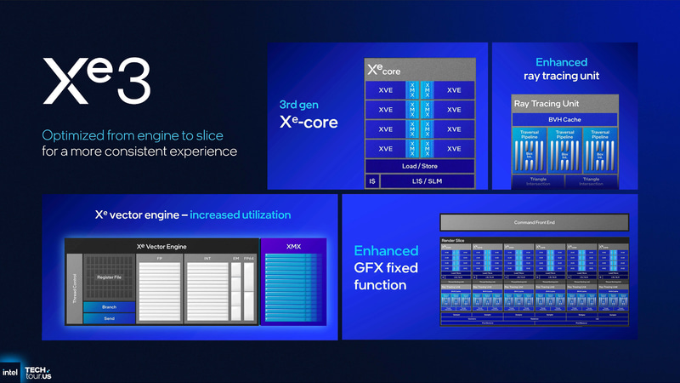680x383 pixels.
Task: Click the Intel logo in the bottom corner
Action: (10, 372)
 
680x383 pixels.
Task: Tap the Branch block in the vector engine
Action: (109, 306)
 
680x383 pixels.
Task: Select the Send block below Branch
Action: (109, 317)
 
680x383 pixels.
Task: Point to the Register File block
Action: (110, 277)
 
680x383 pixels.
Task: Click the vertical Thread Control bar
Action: (74, 288)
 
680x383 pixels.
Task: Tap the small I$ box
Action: (371, 181)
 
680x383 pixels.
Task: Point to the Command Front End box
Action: (534, 222)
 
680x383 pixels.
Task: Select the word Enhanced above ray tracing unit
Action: (562, 62)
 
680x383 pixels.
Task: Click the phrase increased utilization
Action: (240, 214)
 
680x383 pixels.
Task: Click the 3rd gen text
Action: (298, 105)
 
